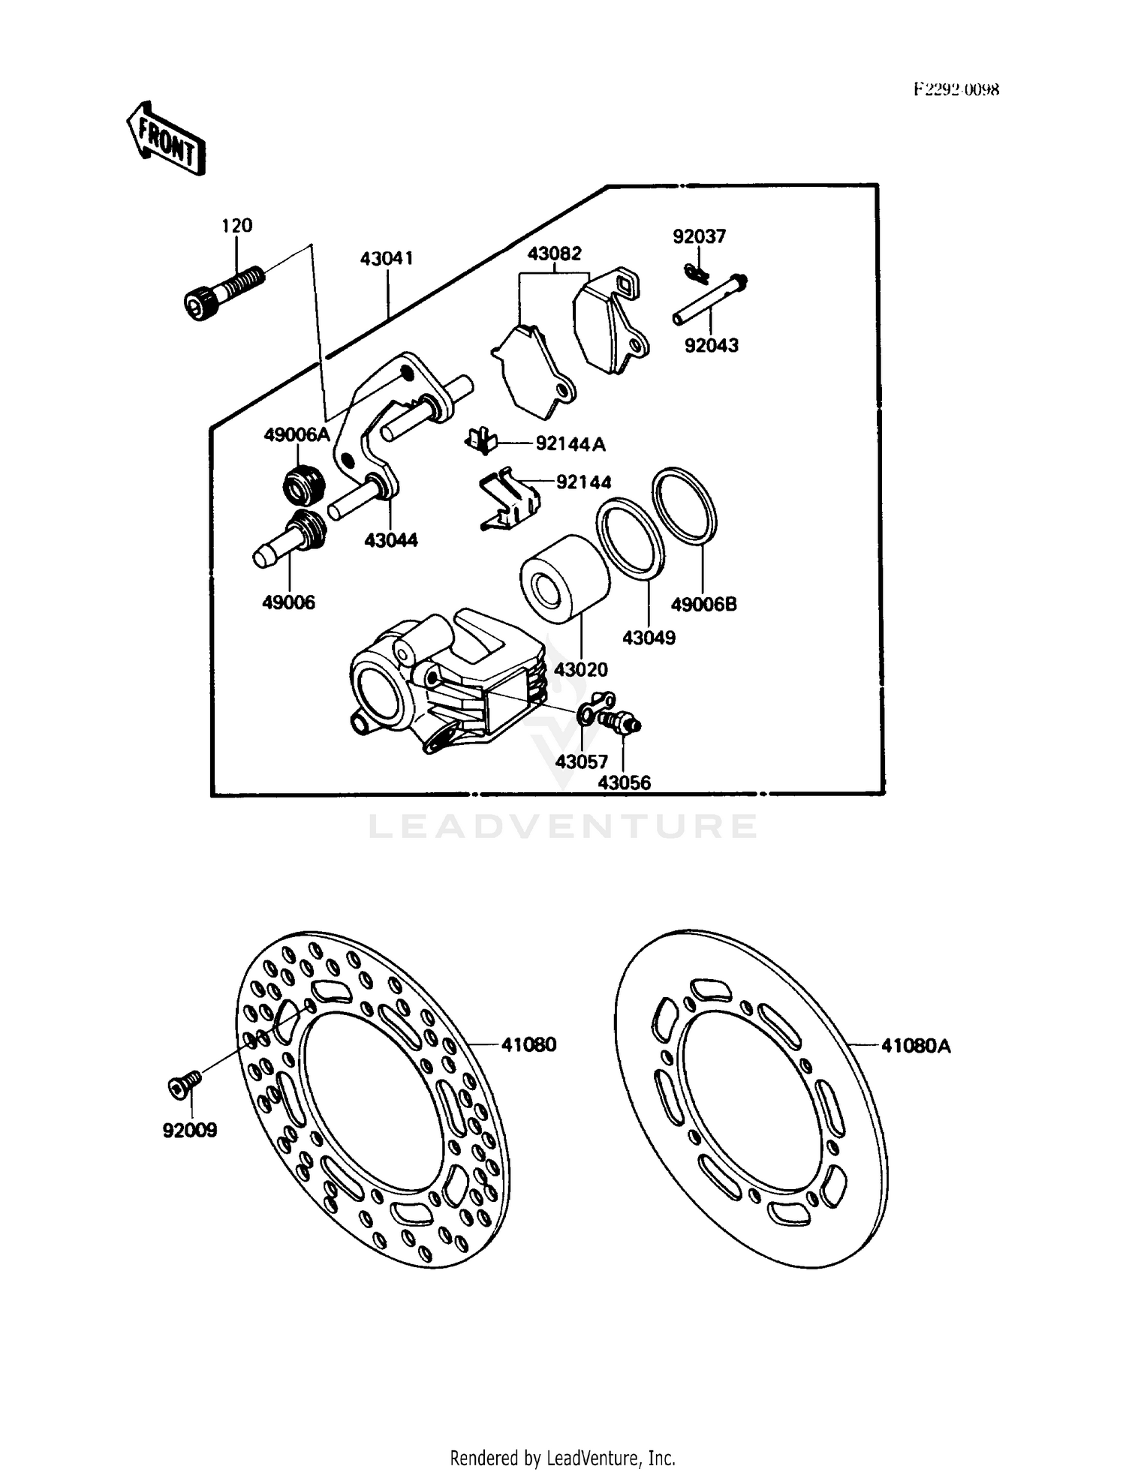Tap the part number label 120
click(x=236, y=225)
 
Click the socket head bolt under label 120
click(x=222, y=293)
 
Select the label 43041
click(x=387, y=259)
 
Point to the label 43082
click(x=554, y=254)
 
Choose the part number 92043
click(x=711, y=345)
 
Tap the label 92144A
click(x=570, y=444)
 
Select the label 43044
click(x=390, y=540)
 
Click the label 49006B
click(x=703, y=604)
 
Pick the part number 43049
click(x=649, y=638)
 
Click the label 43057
click(x=581, y=762)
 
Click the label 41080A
click(x=915, y=1045)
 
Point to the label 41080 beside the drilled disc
click(x=528, y=1044)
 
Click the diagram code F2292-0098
click(x=956, y=90)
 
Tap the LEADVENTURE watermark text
click(x=562, y=827)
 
